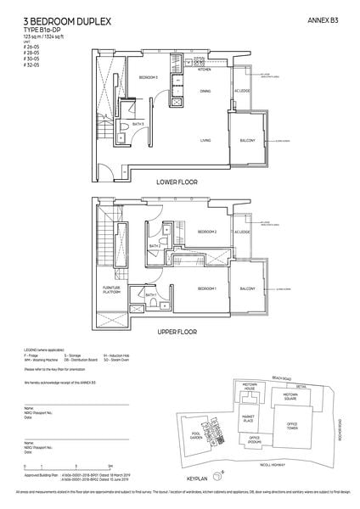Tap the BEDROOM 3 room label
point(149,77)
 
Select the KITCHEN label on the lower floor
point(204,71)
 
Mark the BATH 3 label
point(149,124)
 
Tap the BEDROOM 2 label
point(208,232)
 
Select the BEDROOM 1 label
point(208,288)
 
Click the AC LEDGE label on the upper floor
point(245,232)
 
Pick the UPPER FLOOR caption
point(178,333)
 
